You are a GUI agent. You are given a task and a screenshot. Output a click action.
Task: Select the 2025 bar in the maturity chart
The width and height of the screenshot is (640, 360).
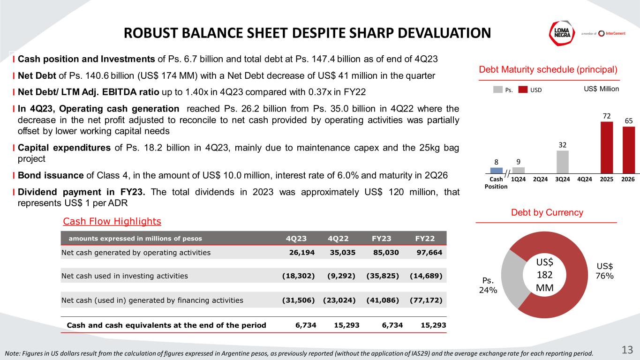click(x=607, y=147)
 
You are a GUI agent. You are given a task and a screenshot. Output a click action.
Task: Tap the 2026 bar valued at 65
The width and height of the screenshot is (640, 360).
click(x=629, y=150)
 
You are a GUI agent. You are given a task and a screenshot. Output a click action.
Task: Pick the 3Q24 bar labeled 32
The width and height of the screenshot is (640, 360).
click(x=563, y=162)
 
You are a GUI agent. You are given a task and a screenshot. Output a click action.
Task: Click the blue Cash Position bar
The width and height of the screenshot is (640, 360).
click(x=496, y=170)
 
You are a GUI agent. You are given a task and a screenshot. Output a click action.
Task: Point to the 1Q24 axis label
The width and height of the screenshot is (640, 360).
click(x=519, y=179)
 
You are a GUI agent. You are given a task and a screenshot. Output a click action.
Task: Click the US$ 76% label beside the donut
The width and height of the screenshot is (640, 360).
click(x=605, y=271)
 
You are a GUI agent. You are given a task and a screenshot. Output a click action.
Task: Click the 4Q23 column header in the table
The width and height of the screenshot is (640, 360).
click(x=296, y=238)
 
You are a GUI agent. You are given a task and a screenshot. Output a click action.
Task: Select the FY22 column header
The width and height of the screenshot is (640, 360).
click(x=424, y=238)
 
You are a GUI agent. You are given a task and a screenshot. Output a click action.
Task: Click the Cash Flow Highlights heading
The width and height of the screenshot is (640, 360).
click(x=112, y=221)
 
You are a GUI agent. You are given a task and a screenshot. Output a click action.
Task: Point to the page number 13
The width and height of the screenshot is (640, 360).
click(x=627, y=350)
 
